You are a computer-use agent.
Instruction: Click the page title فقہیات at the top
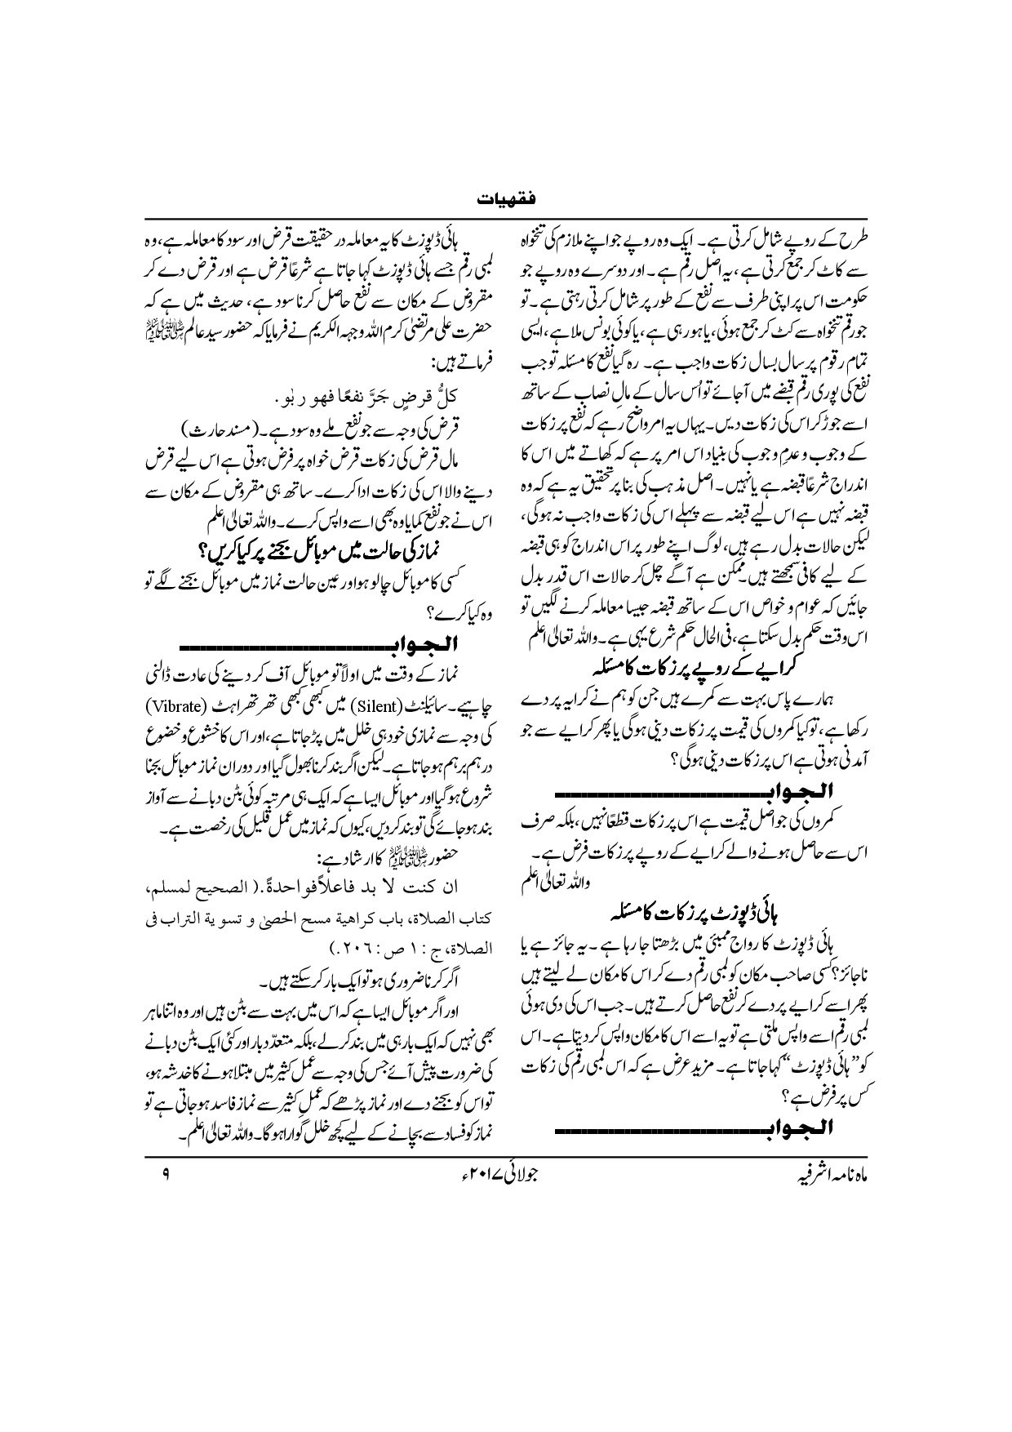[x=506, y=198]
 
